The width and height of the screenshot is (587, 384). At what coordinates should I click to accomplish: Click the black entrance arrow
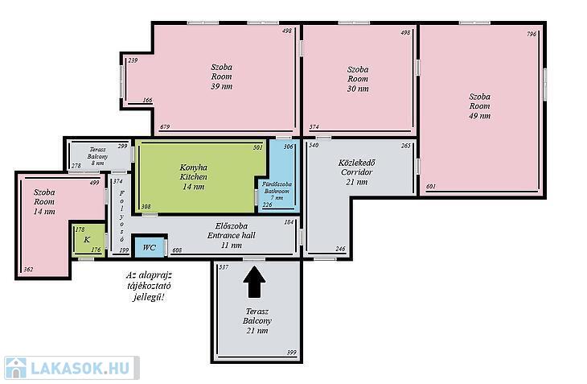pos(255,282)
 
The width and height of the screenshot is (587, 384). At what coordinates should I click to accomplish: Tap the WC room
pos(150,247)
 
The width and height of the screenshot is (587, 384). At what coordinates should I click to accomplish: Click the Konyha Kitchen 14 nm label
pos(194,177)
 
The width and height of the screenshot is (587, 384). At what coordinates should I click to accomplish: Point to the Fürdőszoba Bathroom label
pos(277,191)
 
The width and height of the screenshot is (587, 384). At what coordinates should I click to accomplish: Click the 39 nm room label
pos(222,76)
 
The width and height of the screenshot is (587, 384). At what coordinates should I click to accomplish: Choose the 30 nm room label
pos(358,79)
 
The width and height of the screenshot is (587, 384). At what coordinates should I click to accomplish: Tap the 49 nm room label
pos(479,106)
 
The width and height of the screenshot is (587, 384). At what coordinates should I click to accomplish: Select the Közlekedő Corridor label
pos(357,172)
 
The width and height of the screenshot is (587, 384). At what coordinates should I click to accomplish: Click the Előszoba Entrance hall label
pos(232,236)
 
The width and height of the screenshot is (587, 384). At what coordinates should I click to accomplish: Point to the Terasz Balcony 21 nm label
pos(257,321)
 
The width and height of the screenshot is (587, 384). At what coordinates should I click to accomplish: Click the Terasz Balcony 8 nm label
pos(98,156)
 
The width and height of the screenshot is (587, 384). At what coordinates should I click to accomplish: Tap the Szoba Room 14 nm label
pos(44,202)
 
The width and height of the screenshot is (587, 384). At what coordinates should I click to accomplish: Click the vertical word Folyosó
pos(121,217)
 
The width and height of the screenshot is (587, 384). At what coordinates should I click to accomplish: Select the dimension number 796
pos(532,34)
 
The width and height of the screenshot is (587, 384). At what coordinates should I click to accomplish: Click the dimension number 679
pos(165,126)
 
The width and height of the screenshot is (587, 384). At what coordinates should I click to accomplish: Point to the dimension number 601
pos(431,186)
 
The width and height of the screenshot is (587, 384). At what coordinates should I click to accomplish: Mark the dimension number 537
pos(224,267)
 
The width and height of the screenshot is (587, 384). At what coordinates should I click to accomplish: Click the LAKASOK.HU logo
pos(72,368)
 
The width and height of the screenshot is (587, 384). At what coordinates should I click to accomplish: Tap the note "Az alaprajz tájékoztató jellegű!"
pos(149,287)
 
